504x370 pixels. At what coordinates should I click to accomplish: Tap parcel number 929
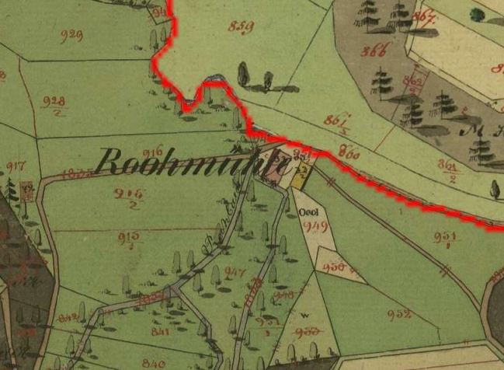pos(71,35)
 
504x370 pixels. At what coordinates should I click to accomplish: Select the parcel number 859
pos(242,26)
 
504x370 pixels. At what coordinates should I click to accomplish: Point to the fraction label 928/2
pos(54,104)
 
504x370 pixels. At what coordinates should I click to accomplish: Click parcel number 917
pos(16,166)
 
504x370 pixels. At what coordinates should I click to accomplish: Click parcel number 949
pos(316,226)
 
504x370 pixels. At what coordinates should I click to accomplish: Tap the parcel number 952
pos(398,315)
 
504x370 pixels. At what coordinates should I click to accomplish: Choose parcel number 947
pos(235,272)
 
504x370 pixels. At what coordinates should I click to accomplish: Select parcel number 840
pos(154,362)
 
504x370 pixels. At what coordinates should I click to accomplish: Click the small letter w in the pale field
pos(304,315)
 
